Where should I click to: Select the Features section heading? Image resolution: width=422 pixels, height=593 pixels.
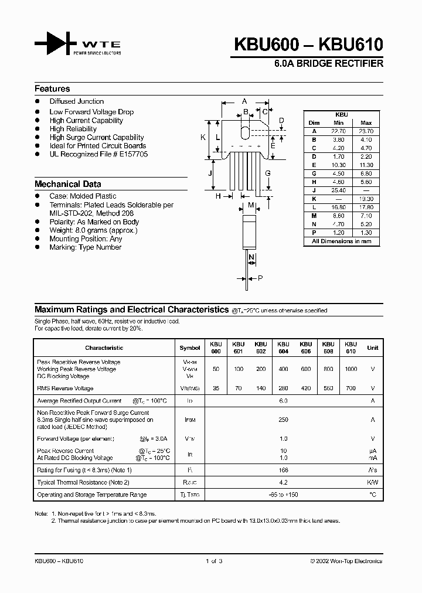pos(52,89)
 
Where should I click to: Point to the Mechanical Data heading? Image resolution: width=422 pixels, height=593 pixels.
pos(68,184)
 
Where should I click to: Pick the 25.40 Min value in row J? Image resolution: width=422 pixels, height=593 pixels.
pos(338,191)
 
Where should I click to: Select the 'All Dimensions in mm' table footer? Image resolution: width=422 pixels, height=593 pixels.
pos(342,241)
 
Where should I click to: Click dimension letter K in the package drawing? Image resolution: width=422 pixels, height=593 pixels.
pos(203,138)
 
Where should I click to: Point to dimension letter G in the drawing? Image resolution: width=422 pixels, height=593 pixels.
pos(267,173)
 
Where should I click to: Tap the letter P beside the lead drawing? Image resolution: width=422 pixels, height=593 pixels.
pos(260,278)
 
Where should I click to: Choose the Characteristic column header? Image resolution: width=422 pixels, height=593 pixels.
pos(104,347)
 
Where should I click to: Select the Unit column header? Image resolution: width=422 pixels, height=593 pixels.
pos(373,347)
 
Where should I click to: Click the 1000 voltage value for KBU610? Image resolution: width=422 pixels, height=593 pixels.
pos(350,369)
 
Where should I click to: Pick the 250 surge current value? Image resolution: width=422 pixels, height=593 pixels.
pos(284,420)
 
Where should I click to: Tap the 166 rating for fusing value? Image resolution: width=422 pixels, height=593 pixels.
pos(284,470)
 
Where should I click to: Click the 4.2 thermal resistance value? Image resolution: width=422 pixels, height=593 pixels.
pos(284,482)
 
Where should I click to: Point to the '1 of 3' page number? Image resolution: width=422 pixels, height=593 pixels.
pos(215,561)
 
